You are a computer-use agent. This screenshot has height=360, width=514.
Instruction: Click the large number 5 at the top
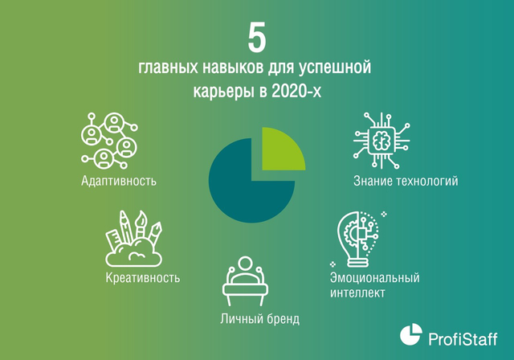click(x=257, y=38)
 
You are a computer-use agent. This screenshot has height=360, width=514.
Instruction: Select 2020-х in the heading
click(x=296, y=91)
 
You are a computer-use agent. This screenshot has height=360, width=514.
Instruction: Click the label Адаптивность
click(x=119, y=181)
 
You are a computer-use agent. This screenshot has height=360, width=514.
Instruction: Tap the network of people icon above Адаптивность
click(x=109, y=141)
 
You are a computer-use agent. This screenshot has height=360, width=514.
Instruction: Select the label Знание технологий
click(x=406, y=181)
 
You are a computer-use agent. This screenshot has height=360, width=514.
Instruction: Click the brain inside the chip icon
click(x=381, y=141)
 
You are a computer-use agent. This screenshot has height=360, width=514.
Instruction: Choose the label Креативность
click(x=143, y=278)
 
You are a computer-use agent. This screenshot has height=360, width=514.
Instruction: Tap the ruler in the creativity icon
click(x=114, y=240)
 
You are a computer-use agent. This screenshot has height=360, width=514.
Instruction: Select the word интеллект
click(x=357, y=292)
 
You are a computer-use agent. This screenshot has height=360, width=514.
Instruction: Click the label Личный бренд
click(x=260, y=319)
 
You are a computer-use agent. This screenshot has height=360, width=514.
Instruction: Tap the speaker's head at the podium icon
click(x=245, y=264)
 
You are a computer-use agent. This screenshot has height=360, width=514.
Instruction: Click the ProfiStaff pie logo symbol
click(x=410, y=334)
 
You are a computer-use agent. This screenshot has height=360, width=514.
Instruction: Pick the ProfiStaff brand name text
click(x=463, y=338)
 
